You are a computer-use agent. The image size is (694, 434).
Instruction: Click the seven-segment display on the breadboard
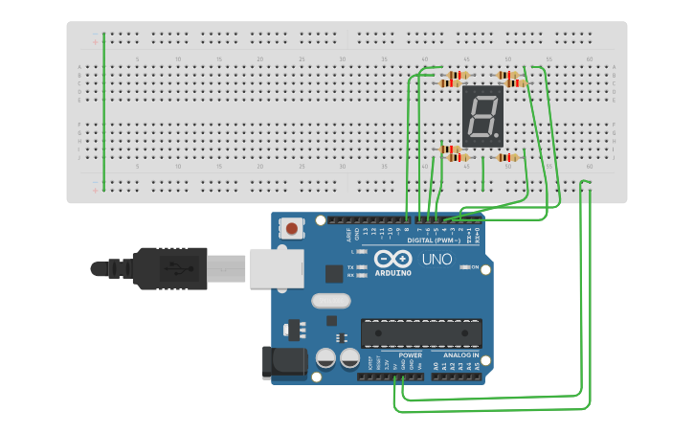coord(482,117)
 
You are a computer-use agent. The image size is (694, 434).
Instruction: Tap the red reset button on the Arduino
coord(290,228)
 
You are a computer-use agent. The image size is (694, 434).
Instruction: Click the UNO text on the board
coord(437,259)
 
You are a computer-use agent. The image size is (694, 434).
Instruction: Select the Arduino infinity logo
coord(392,259)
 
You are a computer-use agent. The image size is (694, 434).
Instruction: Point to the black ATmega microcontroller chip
coord(420,333)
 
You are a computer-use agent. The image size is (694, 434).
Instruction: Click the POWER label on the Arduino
coord(410,355)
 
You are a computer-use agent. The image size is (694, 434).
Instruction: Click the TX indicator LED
coord(362,267)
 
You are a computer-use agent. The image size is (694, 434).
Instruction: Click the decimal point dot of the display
coord(499,135)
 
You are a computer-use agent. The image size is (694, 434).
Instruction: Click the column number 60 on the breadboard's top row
coord(588,59)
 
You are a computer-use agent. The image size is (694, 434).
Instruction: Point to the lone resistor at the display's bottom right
coord(507,157)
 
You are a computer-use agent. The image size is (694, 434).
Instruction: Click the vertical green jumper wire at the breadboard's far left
coord(103,110)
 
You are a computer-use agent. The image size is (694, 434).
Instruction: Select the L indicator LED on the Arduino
coord(362,251)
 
